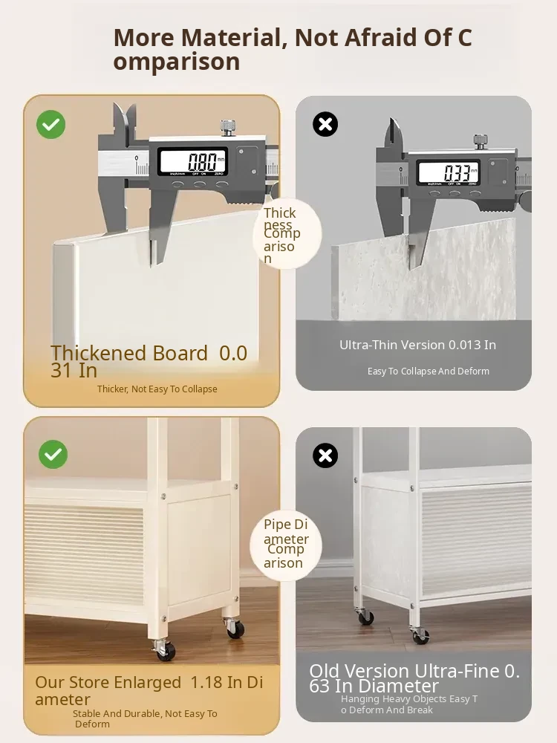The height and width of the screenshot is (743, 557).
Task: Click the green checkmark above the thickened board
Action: (51, 125)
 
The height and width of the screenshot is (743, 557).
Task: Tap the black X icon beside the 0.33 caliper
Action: (325, 124)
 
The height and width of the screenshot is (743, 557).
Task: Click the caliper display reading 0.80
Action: (193, 161)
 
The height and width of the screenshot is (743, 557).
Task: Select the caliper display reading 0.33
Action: (449, 172)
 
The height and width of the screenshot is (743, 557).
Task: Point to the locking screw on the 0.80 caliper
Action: (228, 128)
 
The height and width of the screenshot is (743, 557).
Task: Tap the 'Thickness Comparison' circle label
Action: (287, 234)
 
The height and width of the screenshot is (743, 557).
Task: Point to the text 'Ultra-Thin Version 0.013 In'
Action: (417, 345)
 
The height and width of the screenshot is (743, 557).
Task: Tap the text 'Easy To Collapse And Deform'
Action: (429, 371)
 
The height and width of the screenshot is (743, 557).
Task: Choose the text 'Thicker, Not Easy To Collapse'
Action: (157, 389)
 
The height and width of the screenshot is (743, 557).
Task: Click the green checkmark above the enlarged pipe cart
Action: (53, 455)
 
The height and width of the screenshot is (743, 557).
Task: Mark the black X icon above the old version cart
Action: (325, 455)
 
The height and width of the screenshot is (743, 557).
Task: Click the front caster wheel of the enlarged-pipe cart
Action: (166, 651)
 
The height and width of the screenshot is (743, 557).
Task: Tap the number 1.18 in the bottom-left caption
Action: (206, 682)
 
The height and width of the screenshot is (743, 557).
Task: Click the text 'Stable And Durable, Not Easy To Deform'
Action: (145, 718)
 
